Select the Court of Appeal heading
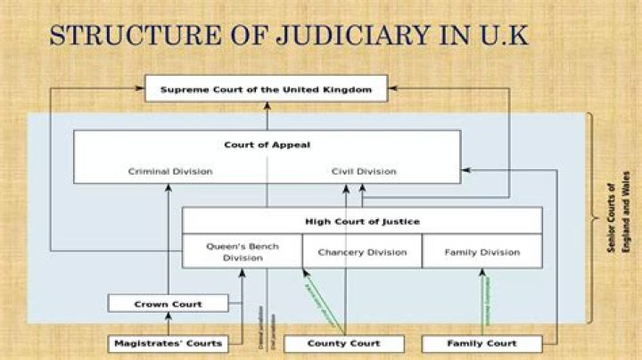267,143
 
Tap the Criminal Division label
169,171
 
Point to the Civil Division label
364,171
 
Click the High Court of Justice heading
362,220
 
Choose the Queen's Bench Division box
243,251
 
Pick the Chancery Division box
362,252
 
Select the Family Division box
481,252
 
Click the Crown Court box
168,304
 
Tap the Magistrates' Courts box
168,343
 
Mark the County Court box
343,343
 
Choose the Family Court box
481,343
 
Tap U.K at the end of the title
503,36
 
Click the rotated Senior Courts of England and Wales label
617,218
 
